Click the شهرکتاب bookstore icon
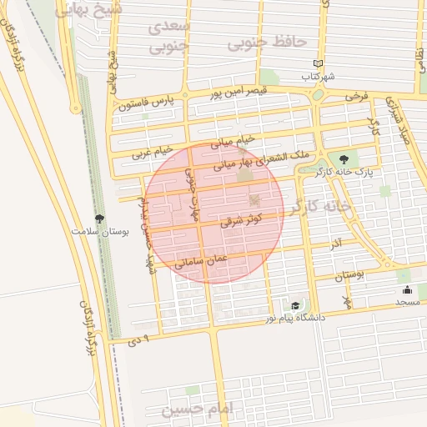pos(318,63)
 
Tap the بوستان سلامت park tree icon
pos(100,219)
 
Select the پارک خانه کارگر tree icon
pos(343,158)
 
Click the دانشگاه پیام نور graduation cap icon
pos(294,306)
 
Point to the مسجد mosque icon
pos(407,290)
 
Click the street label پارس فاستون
pos(148,104)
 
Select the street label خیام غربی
pos(152,152)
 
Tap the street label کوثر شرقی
pos(242,220)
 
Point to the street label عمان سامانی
pos(199,262)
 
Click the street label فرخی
pos(356,98)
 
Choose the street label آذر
pos(335,245)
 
